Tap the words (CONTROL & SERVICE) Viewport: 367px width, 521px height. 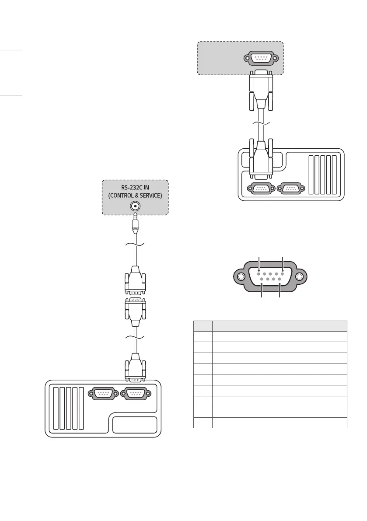click(x=135, y=196)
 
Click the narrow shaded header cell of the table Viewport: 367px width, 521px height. click(x=203, y=325)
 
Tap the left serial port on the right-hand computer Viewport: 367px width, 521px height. click(x=261, y=189)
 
